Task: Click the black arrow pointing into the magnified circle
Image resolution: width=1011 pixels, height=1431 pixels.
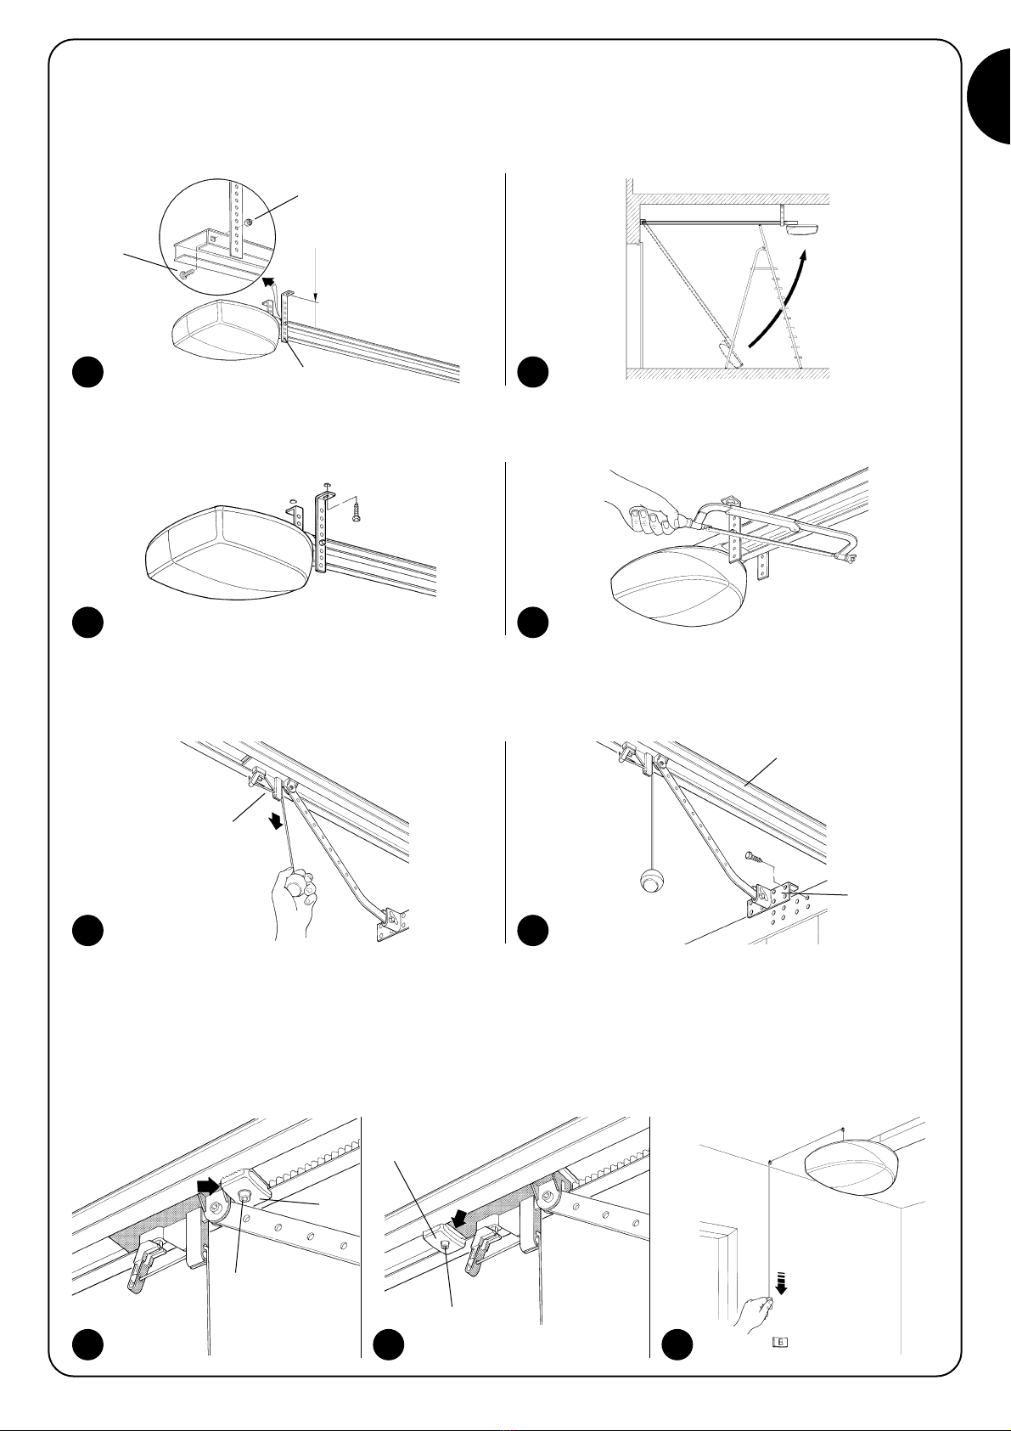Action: [269, 282]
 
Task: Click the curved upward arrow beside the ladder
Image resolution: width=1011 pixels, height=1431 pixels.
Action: [779, 296]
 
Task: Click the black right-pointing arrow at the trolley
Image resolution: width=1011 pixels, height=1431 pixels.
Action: [206, 1184]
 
